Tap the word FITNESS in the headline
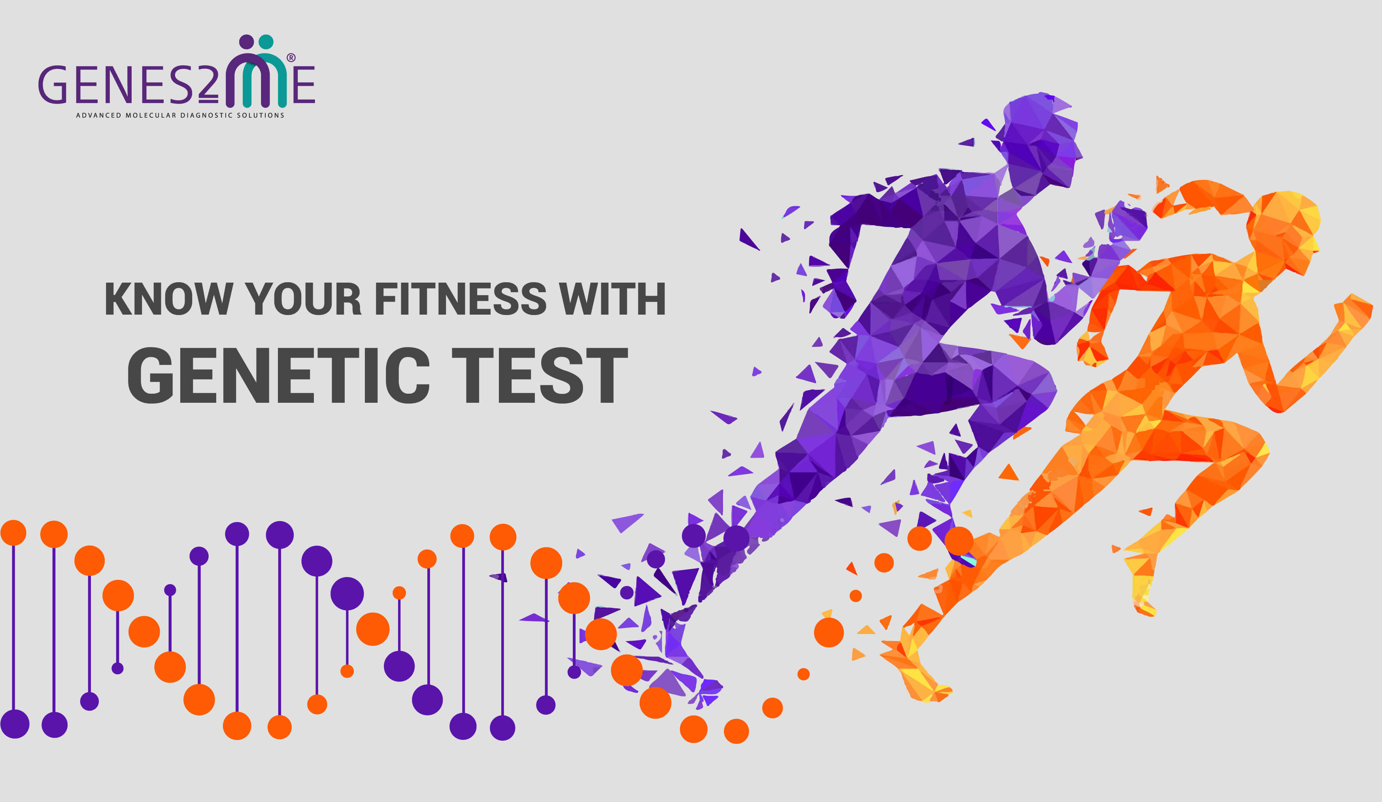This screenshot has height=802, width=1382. coord(460,299)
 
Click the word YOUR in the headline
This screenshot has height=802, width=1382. coord(303,299)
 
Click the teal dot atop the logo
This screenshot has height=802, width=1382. coord(266,42)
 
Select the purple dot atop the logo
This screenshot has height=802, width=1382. coord(247,42)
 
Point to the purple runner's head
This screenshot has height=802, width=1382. coord(1039,143)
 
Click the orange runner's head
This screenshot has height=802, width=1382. coord(1283,230)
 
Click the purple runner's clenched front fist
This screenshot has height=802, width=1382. coord(1127,222)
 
